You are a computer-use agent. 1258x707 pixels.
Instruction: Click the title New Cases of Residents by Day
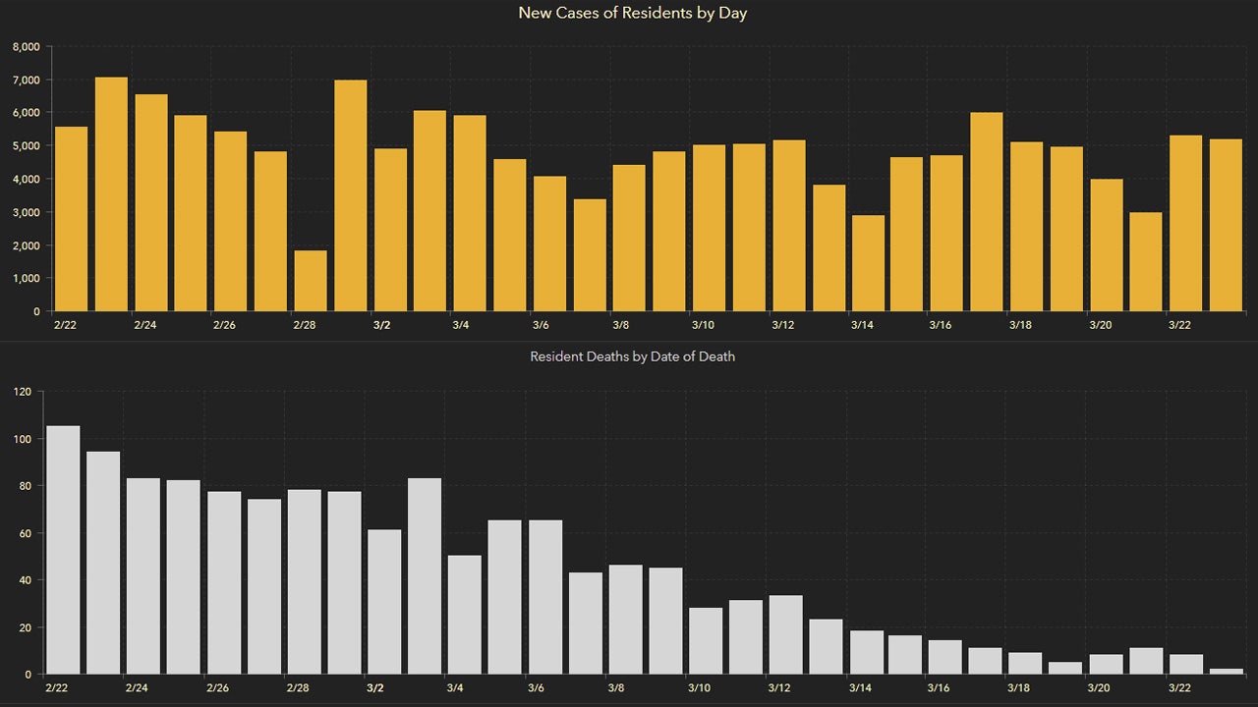coord(632,14)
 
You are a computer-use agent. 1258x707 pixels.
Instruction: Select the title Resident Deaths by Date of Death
coord(632,356)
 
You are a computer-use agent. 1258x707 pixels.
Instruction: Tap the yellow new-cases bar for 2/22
coord(71,219)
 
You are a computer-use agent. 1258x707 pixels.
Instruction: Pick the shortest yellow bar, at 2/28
coord(311,281)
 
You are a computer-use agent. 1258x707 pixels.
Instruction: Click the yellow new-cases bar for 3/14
coord(868,263)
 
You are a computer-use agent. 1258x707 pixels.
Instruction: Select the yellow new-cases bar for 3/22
coord(1185,223)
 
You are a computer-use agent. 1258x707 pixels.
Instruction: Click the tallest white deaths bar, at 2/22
coord(63,550)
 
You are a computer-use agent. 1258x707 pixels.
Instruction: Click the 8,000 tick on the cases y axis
coord(26,46)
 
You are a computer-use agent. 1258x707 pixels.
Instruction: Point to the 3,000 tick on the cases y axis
coord(26,212)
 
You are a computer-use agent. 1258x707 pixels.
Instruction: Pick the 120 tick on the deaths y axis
coord(24,392)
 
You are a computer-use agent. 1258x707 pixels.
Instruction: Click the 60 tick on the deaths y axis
coord(27,533)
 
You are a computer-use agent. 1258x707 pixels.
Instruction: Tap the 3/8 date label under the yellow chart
coord(620,325)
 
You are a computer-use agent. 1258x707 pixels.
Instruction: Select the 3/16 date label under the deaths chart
coord(940,688)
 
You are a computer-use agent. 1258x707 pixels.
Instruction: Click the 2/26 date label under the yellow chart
coord(224,325)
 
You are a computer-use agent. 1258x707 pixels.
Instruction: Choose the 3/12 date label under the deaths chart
coord(778,688)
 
